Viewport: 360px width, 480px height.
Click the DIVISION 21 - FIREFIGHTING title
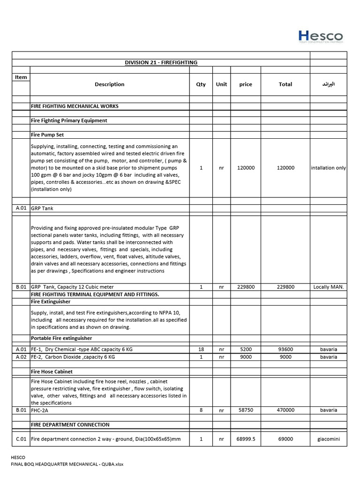click(161, 62)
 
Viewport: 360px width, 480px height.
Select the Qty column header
click(201, 84)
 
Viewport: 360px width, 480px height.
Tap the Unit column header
click(221, 84)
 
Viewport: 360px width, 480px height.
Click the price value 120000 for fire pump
click(246, 168)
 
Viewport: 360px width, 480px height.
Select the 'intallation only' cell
click(328, 168)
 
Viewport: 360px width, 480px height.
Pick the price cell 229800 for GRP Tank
click(246, 287)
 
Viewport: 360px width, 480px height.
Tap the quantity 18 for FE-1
click(201, 350)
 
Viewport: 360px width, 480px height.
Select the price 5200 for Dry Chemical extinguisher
click(246, 350)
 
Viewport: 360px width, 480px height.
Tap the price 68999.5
click(246, 439)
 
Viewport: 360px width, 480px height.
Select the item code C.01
click(21, 439)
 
